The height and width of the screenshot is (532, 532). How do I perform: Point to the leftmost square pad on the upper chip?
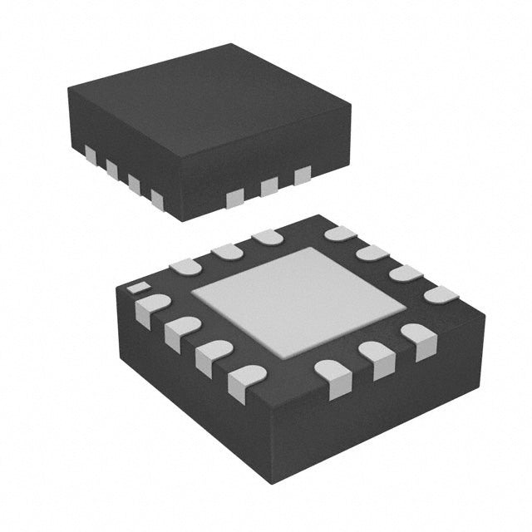90,154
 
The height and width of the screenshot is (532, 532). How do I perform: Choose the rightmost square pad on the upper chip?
302,175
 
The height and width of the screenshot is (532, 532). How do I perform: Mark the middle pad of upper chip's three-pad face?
268,186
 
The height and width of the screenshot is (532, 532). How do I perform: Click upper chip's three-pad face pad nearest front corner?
235,197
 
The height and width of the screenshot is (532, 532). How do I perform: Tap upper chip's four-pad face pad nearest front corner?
157,197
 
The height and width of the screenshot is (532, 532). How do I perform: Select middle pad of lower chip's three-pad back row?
226,250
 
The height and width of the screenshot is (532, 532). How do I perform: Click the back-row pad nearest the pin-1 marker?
185,265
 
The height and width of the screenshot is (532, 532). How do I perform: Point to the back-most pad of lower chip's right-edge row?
340,234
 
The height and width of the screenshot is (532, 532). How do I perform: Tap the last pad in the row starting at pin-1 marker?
248,382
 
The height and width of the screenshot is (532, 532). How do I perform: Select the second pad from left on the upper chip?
111,169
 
